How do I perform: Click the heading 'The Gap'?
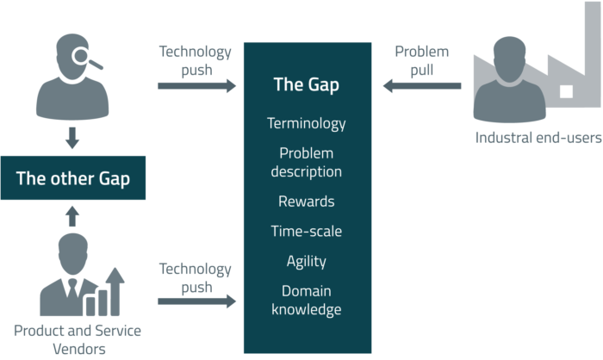(306, 84)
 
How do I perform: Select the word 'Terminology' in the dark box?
(306, 124)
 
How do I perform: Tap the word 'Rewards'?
(306, 202)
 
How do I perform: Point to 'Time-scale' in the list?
(306, 231)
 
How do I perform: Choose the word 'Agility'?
(306, 262)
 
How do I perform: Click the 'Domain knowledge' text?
(306, 301)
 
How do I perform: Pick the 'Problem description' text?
(306, 163)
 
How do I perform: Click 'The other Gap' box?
(73, 178)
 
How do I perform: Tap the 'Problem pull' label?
(422, 61)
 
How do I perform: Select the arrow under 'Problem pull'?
(422, 86)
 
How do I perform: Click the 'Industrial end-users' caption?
(538, 138)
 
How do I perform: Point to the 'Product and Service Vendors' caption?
(78, 339)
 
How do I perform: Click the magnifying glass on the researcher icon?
(85, 58)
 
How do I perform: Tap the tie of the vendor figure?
(72, 289)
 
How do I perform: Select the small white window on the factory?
(566, 91)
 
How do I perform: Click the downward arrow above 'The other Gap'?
(72, 138)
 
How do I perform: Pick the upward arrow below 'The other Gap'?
(72, 216)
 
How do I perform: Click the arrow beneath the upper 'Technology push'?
(196, 86)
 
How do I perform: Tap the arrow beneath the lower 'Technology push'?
(196, 301)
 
